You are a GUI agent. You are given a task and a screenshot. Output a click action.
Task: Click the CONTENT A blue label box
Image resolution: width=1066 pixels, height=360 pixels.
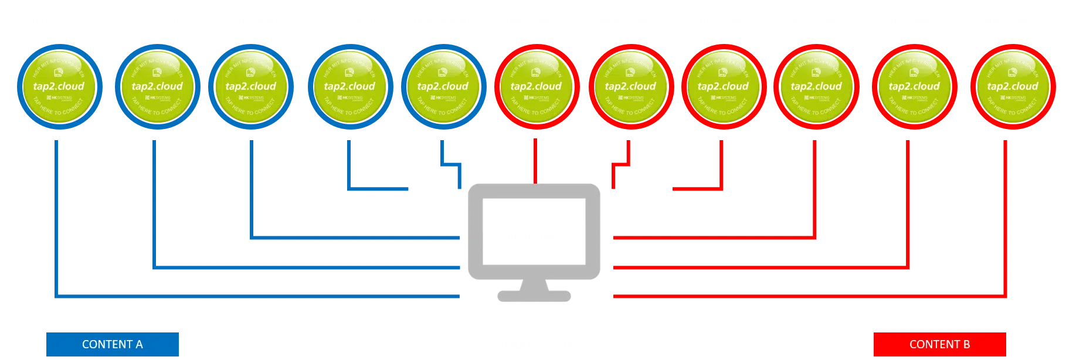click(x=112, y=344)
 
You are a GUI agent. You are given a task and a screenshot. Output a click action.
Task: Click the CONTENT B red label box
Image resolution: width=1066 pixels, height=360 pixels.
click(x=939, y=344)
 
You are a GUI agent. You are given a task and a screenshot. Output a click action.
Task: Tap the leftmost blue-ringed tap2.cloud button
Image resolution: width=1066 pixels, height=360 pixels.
click(x=59, y=87)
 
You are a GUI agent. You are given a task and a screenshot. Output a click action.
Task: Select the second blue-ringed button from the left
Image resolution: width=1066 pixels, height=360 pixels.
click(x=157, y=87)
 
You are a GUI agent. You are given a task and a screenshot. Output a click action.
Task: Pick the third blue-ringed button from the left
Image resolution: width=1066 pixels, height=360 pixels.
click(x=250, y=87)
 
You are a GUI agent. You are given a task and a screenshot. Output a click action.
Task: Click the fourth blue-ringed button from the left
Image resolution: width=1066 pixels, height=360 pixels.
click(x=349, y=87)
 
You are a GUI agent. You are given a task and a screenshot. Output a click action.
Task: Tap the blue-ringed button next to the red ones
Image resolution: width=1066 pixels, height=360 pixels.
click(x=443, y=87)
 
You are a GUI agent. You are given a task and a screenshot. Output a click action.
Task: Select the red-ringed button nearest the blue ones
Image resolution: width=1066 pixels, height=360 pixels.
click(x=536, y=87)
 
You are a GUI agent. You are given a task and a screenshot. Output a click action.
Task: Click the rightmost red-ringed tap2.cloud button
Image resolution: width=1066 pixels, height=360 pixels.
click(x=1013, y=87)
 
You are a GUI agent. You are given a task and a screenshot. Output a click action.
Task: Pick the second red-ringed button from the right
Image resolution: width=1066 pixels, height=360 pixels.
click(x=914, y=87)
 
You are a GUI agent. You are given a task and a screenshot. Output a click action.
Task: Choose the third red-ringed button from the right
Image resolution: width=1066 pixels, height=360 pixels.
click(x=816, y=87)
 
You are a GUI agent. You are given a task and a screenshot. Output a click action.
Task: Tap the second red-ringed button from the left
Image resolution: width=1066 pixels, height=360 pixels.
click(x=630, y=87)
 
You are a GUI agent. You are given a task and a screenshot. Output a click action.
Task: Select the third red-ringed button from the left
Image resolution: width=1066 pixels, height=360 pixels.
click(x=723, y=87)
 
